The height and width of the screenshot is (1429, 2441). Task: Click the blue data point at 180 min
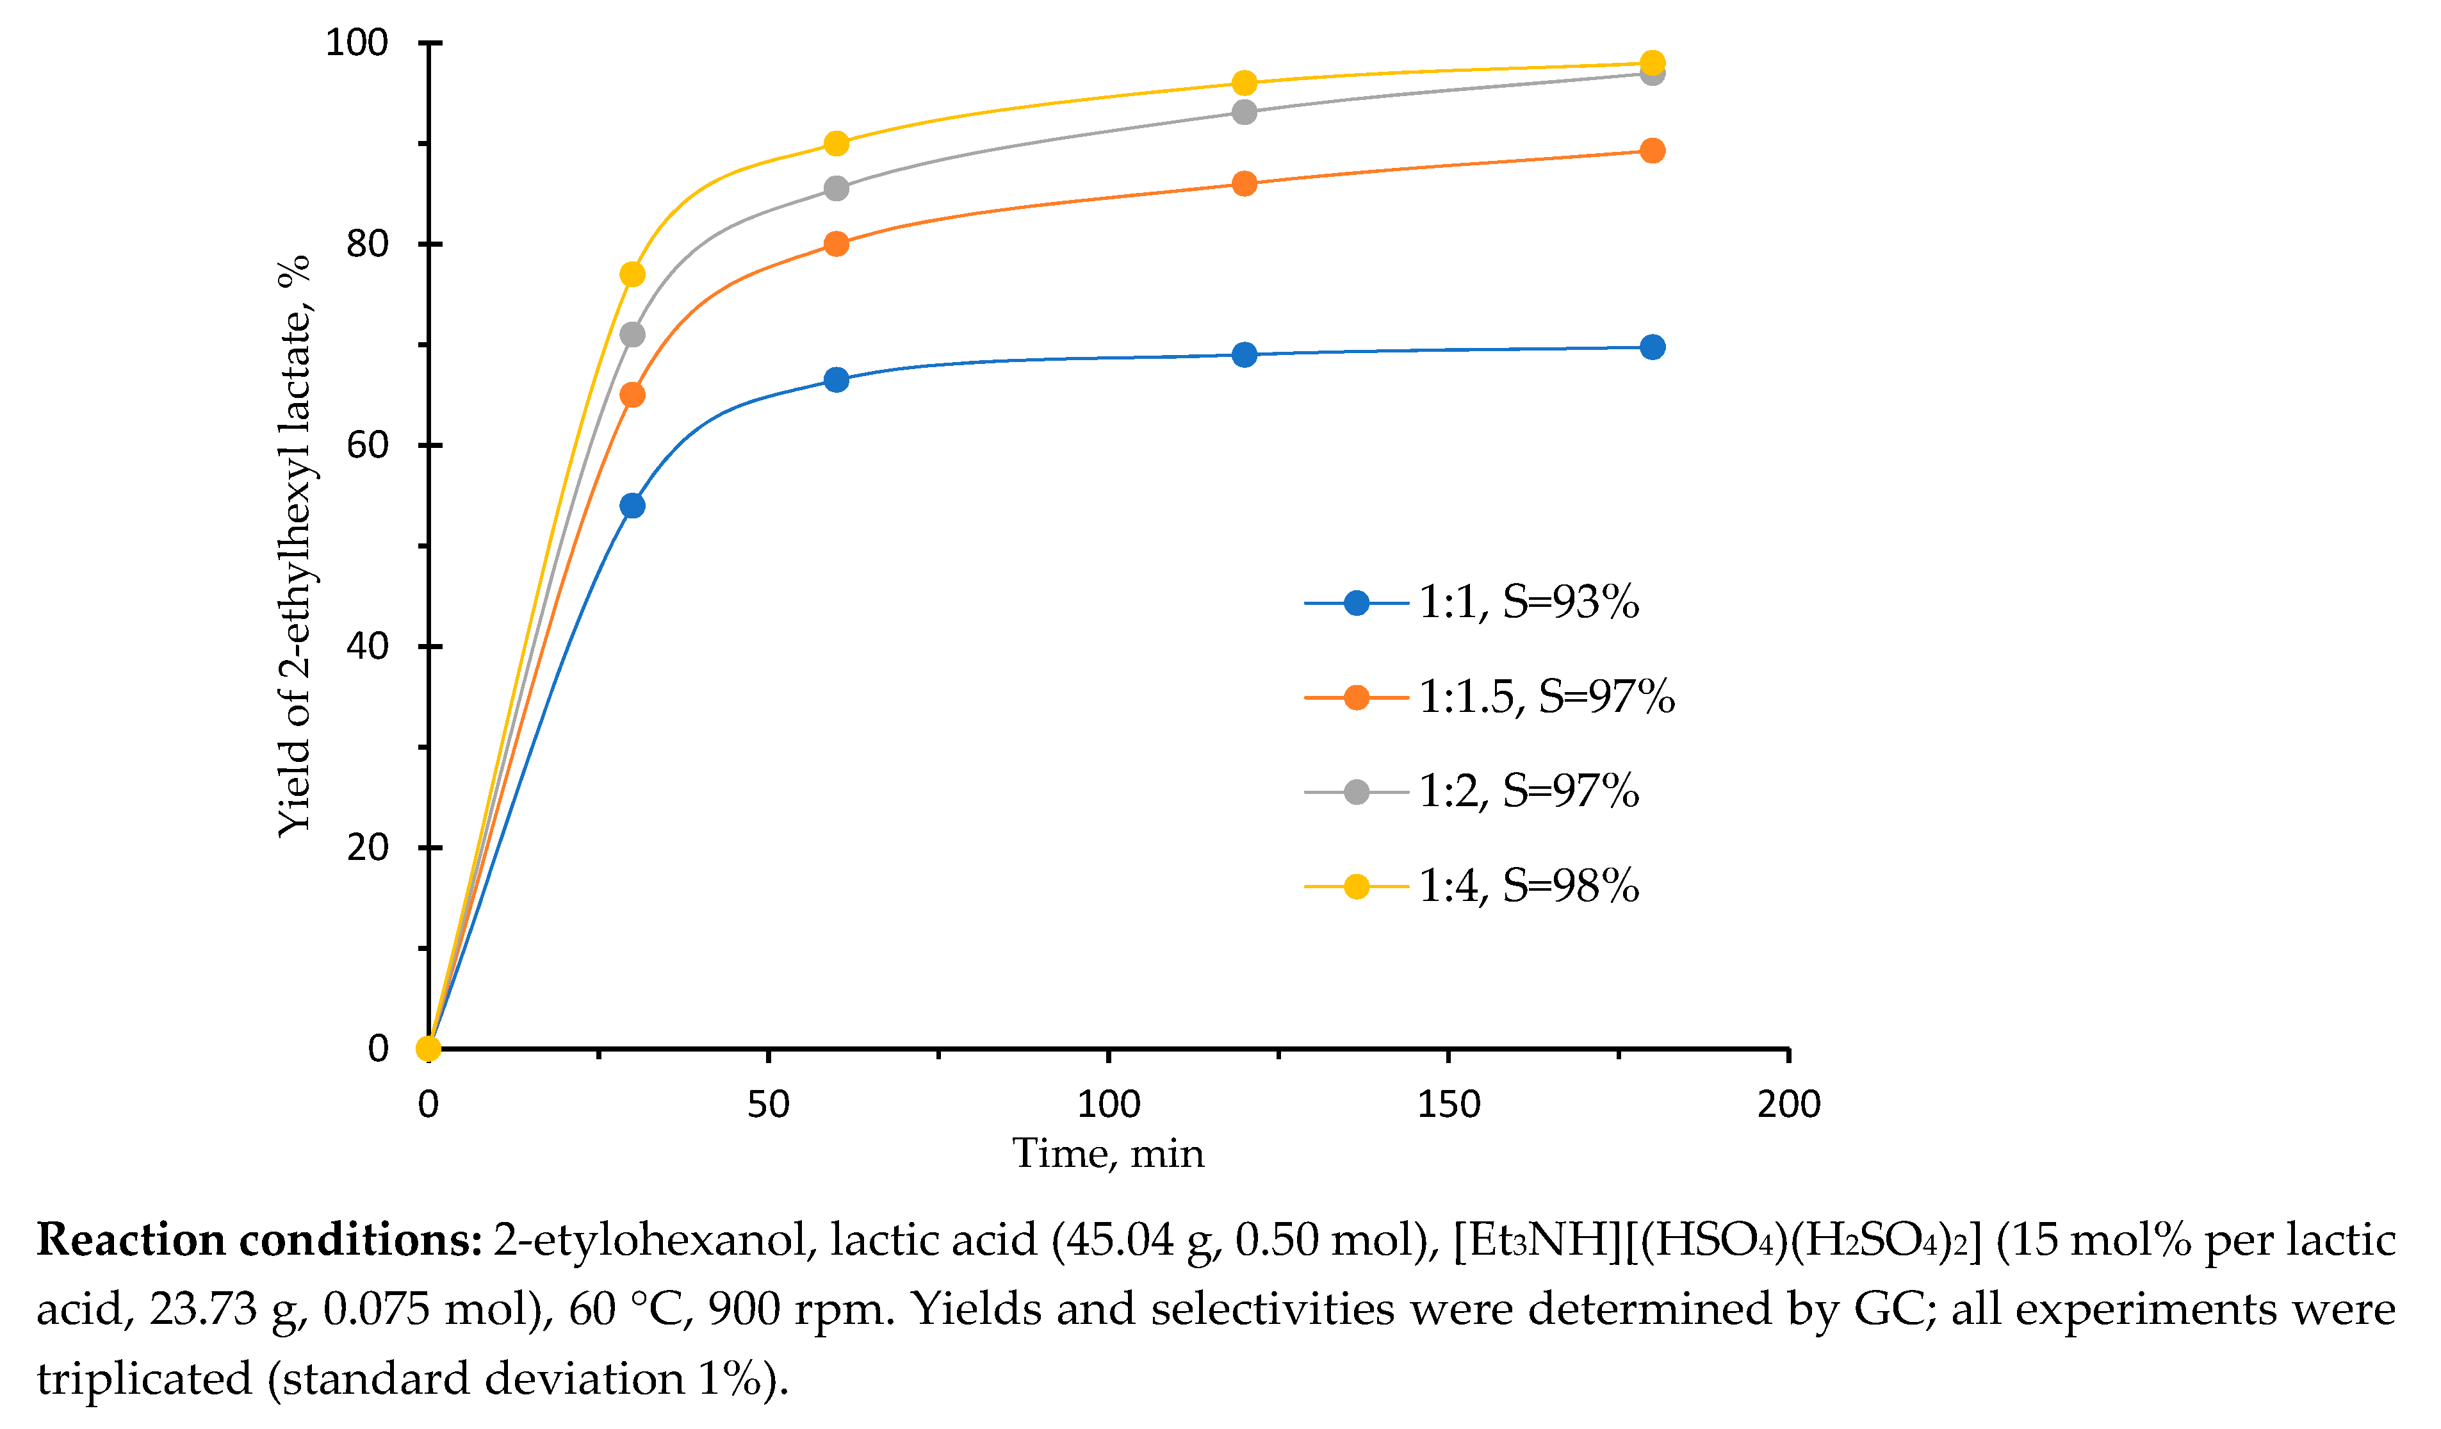1653,347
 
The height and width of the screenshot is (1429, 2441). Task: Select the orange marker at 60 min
836,244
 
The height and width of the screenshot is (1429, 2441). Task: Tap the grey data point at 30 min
632,335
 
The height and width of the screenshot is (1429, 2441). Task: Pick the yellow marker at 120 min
1245,83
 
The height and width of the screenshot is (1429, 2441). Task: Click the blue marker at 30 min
632,506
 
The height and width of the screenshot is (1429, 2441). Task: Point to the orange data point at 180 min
1653,150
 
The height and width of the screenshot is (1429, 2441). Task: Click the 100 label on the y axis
357,43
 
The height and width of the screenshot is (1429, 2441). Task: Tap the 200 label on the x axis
1788,1105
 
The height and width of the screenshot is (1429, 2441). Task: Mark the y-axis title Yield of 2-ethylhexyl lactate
293,545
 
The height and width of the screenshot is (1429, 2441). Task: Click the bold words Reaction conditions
259,1240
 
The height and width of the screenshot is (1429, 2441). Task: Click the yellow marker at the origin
428,1048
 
